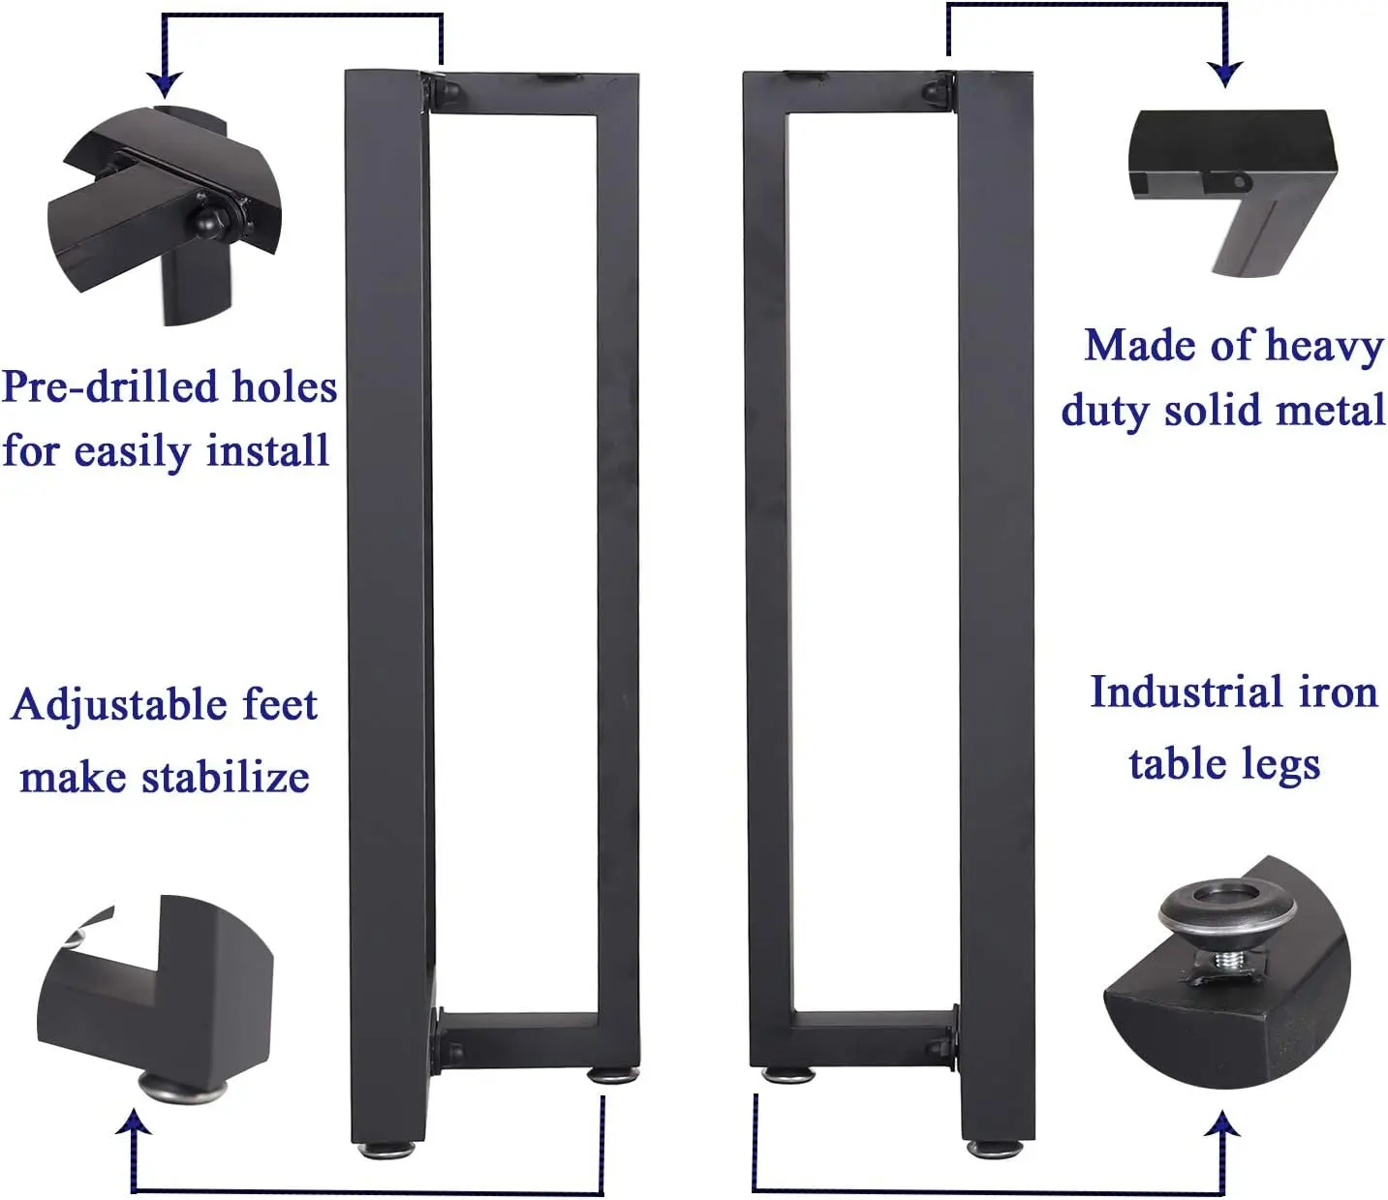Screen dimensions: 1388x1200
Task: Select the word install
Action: point(267,450)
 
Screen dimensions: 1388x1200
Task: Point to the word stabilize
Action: point(225,778)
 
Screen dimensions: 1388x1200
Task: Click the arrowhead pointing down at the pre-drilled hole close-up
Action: point(165,85)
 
